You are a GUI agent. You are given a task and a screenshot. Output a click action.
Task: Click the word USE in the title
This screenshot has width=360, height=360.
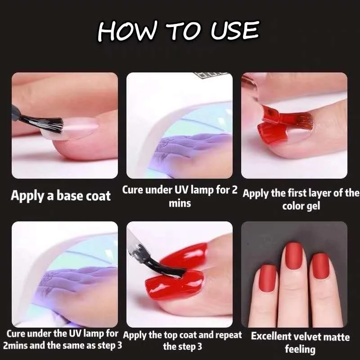(x=235, y=31)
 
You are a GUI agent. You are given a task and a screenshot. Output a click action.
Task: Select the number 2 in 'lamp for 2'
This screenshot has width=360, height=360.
(x=234, y=190)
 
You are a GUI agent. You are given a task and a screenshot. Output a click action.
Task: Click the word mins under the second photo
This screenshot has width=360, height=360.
(x=180, y=204)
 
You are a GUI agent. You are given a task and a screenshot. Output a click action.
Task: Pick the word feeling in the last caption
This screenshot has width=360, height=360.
(x=300, y=349)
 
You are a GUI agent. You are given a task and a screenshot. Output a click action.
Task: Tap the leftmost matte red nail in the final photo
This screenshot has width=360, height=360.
(x=268, y=278)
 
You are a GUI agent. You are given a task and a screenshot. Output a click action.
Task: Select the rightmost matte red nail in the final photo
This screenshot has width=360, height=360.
(x=321, y=266)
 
